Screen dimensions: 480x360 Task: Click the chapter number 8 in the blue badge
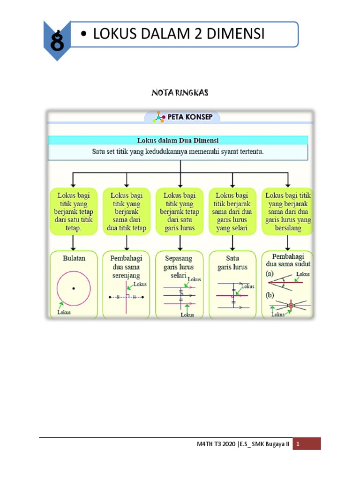(x=57, y=42)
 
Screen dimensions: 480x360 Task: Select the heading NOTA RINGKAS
(x=180, y=93)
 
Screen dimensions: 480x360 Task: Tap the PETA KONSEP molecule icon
(x=160, y=117)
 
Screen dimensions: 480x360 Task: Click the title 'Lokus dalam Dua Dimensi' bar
(x=178, y=140)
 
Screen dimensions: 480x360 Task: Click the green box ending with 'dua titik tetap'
(x=127, y=211)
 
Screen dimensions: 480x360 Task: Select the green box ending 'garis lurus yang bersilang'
(x=288, y=211)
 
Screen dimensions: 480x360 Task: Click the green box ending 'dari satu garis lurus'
(x=180, y=211)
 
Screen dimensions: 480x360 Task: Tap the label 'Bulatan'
(x=74, y=258)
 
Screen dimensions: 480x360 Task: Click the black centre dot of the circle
(x=74, y=289)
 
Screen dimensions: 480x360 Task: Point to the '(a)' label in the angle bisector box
(x=270, y=273)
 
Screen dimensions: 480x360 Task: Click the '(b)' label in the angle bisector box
(x=270, y=295)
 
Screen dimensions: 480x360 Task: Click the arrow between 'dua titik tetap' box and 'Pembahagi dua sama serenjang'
(x=127, y=242)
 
